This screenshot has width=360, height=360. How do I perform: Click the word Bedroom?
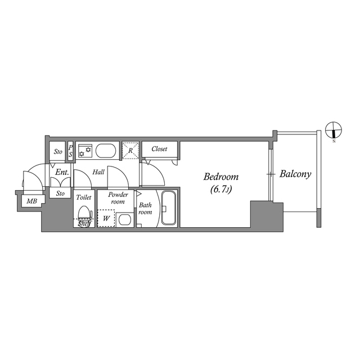pyautogui.click(x=221, y=176)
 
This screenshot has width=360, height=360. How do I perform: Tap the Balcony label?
pyautogui.click(x=295, y=174)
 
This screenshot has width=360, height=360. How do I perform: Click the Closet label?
pyautogui.click(x=159, y=150)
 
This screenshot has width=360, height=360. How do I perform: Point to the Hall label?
pyautogui.click(x=98, y=172)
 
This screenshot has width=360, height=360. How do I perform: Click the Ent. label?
pyautogui.click(x=62, y=172)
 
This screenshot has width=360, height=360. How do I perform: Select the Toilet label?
pyautogui.click(x=84, y=197)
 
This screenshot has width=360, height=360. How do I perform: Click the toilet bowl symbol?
pyautogui.click(x=84, y=214)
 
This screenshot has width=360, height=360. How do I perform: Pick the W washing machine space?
pyautogui.click(x=106, y=218)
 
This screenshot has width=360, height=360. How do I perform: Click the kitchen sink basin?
pyautogui.click(x=105, y=151)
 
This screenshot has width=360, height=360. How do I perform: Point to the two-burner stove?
pyautogui.click(x=85, y=151)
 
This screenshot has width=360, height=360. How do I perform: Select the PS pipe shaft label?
pyautogui.click(x=71, y=151)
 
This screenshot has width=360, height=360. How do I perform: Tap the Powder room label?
pyautogui.click(x=118, y=198)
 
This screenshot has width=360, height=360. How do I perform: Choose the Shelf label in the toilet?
pyautogui.click(x=84, y=223)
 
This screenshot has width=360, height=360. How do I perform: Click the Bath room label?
pyautogui.click(x=145, y=209)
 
